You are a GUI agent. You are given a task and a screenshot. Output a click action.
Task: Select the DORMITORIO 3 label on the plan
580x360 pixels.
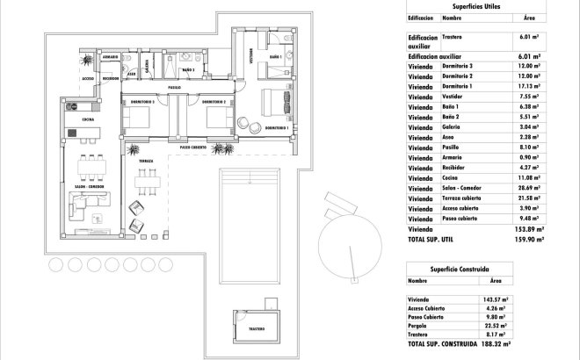pos(142,102)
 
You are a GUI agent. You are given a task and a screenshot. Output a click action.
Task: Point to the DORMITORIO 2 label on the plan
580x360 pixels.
pos(215,102)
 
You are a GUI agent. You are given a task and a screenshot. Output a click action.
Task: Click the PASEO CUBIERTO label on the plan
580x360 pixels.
pos(193,147)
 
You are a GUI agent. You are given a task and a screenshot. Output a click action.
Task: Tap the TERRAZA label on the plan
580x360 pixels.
pos(146,162)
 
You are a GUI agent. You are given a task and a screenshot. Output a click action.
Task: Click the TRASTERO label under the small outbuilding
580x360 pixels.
pos(256,328)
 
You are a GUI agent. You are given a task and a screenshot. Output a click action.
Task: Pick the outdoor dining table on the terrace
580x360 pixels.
pos(145,183)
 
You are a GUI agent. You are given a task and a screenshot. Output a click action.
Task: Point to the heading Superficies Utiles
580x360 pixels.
pos(475,5)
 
